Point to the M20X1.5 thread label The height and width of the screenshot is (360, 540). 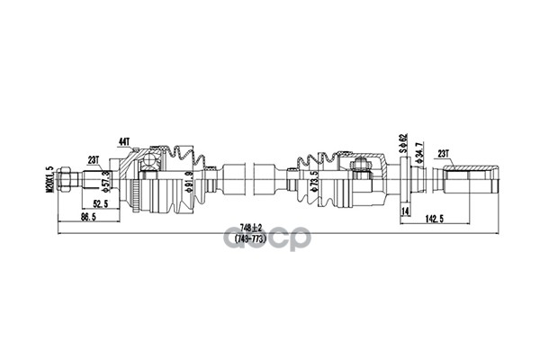(x=49, y=181)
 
